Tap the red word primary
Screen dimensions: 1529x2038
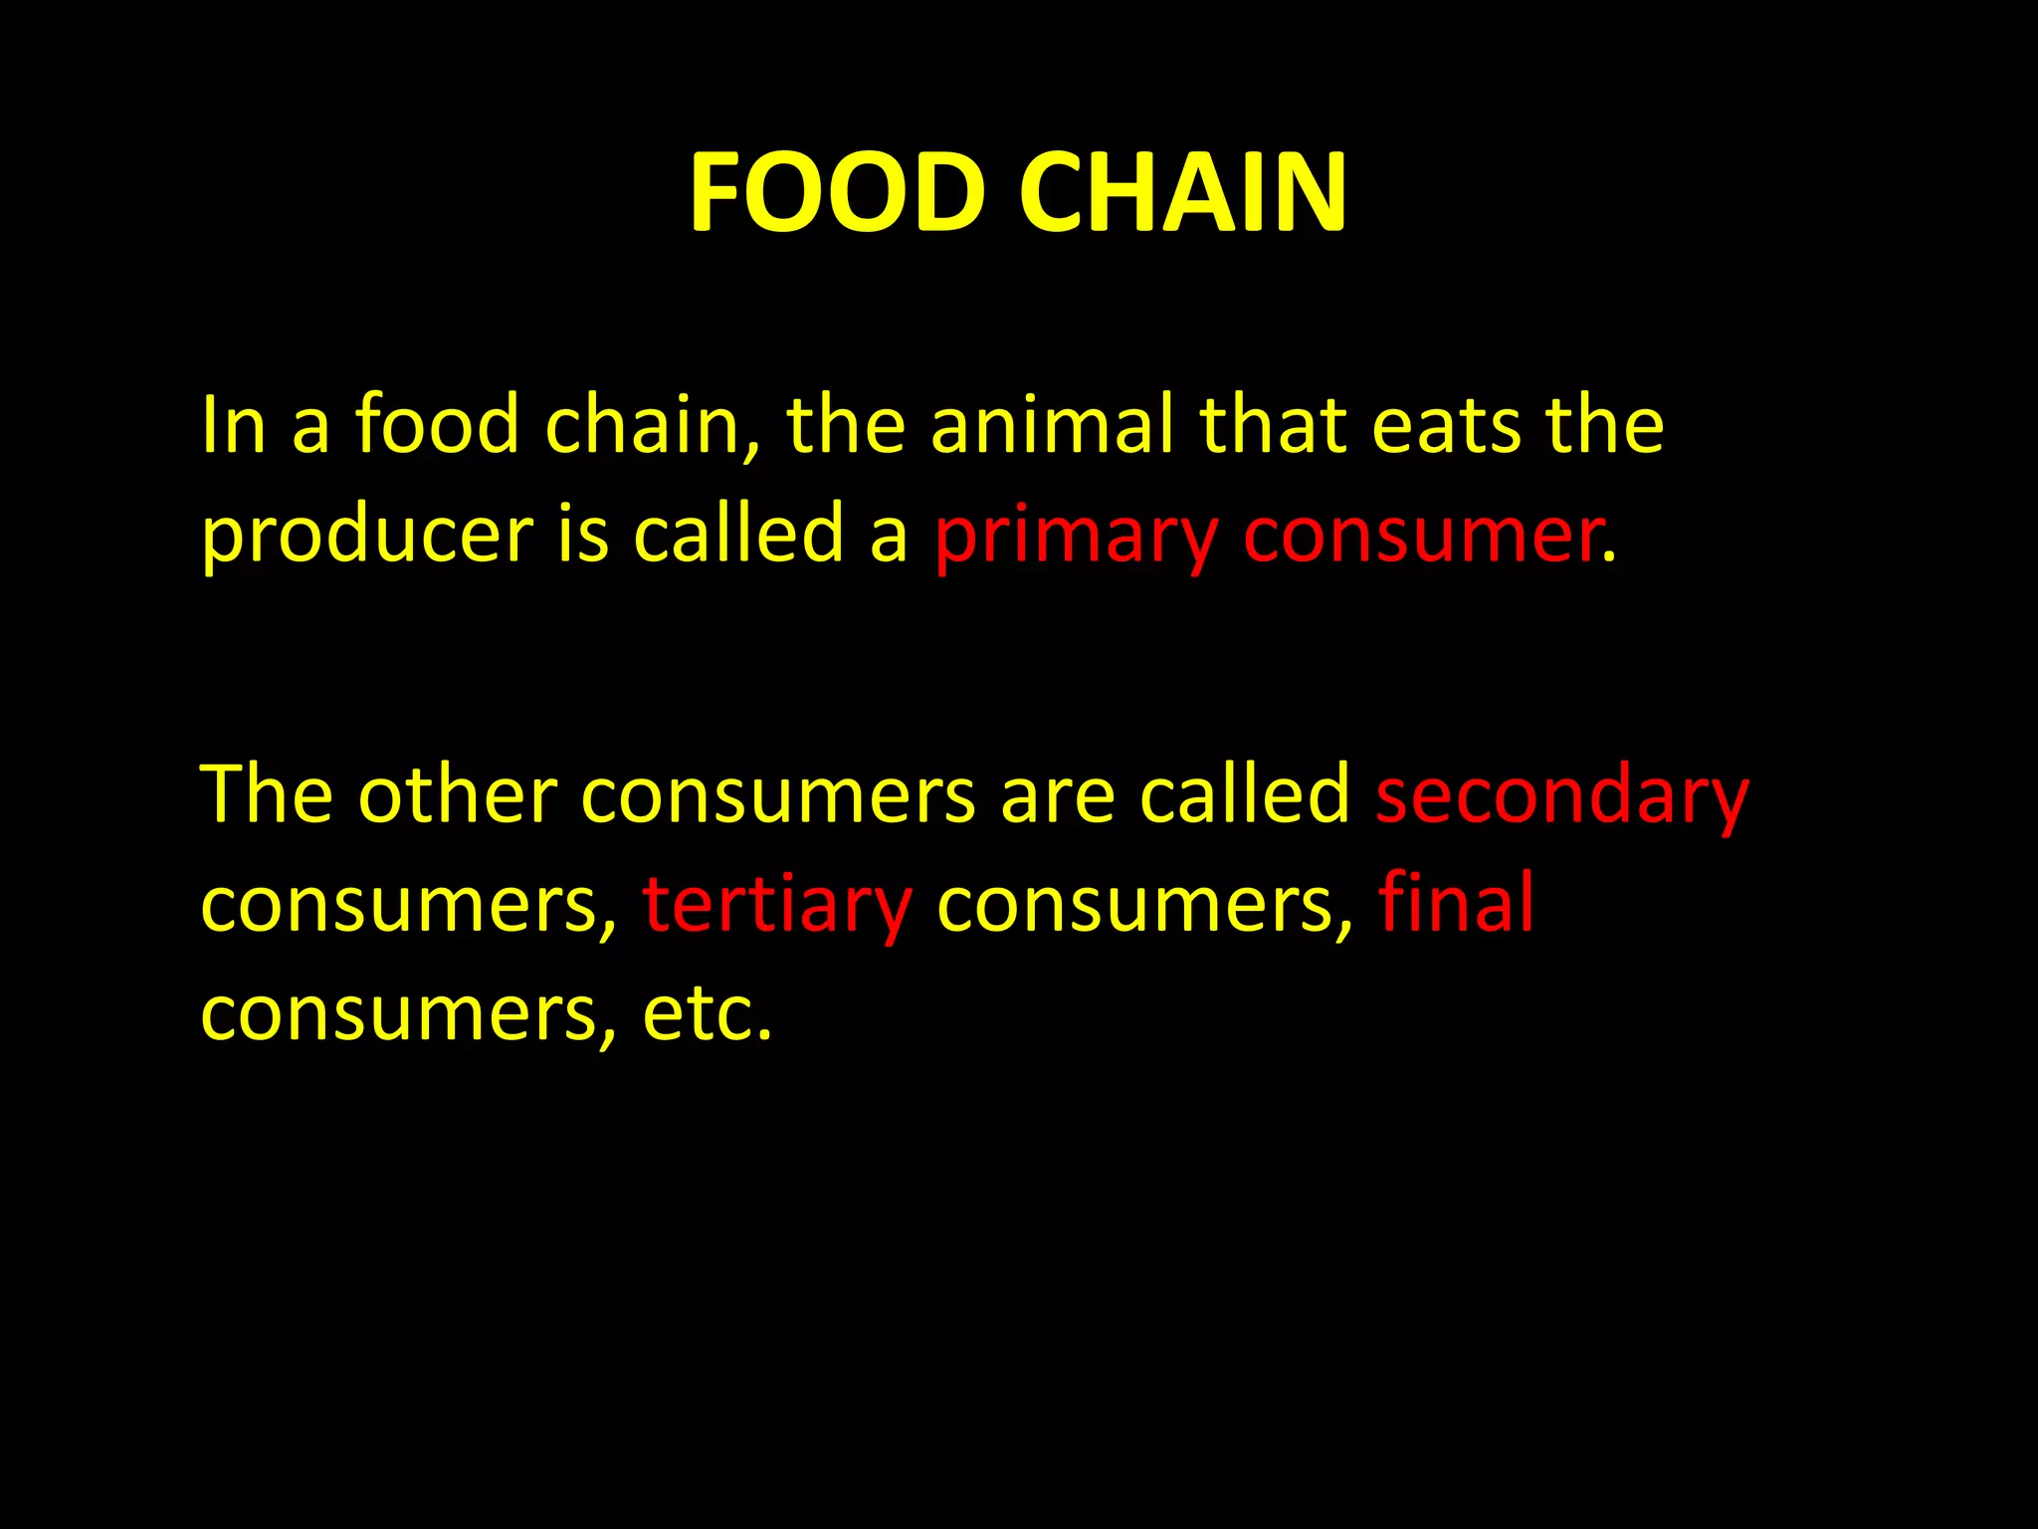coord(1076,538)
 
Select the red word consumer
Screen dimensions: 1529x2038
coord(1421,538)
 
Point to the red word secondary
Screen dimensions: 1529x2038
coord(1561,796)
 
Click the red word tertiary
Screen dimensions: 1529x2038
coord(776,906)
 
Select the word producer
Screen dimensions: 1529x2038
coord(367,538)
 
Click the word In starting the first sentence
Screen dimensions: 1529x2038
coord(233,426)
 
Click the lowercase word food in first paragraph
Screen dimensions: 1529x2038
coord(437,426)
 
